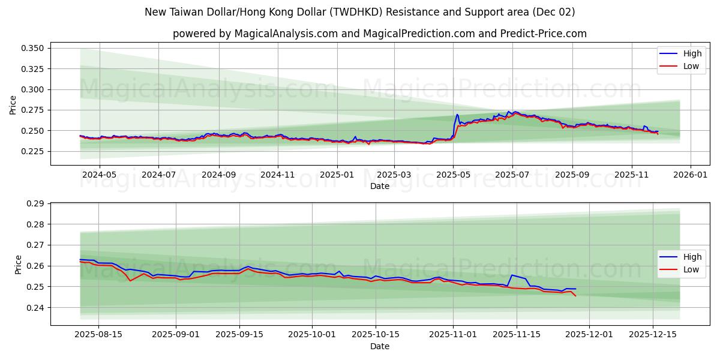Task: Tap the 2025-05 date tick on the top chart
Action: (x=453, y=175)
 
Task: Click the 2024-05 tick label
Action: (x=99, y=175)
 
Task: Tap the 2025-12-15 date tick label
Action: (x=652, y=335)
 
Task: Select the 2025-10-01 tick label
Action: (x=312, y=335)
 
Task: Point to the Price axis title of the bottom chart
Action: (x=18, y=265)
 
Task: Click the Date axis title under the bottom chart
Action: (x=380, y=346)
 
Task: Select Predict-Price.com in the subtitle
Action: (x=548, y=34)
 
